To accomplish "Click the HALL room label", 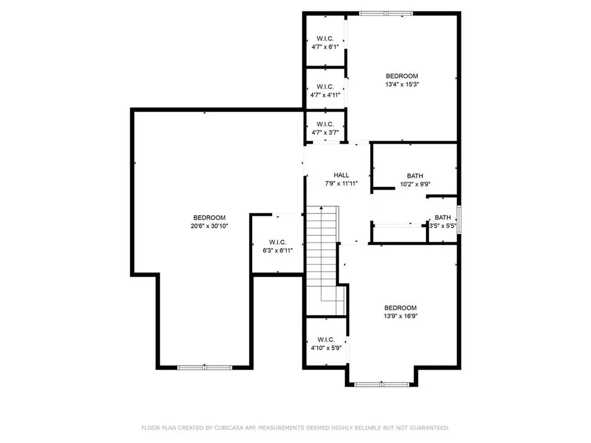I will [341, 175].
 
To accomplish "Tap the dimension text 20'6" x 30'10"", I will [209, 226].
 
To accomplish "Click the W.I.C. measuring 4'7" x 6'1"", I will [325, 43].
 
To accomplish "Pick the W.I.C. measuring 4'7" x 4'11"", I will [325, 91].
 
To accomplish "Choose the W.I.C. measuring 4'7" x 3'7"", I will [325, 127].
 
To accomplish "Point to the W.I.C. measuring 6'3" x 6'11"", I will [278, 246].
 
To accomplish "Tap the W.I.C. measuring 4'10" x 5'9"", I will [325, 344].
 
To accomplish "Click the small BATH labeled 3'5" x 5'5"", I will [443, 221].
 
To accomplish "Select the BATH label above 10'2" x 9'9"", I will [414, 176].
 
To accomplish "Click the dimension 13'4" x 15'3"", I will [402, 84].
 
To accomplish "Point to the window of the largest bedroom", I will [204, 367].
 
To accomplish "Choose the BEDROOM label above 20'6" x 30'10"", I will [209, 217].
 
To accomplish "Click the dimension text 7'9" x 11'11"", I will [341, 183].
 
